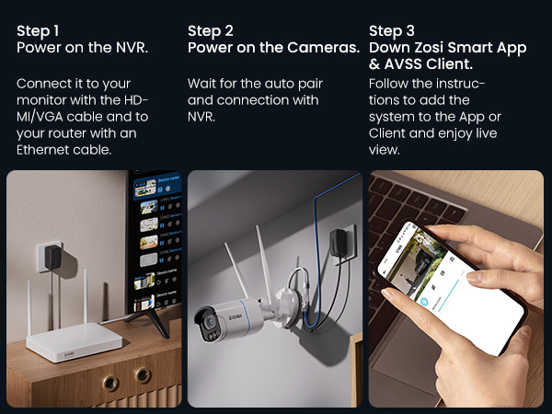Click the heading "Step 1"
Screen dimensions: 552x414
(x=38, y=31)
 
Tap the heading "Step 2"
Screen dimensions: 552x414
(x=211, y=31)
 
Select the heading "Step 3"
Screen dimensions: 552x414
(x=392, y=31)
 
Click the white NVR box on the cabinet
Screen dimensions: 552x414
(x=75, y=341)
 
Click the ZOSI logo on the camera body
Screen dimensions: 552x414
(x=235, y=317)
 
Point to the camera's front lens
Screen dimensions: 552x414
(x=211, y=322)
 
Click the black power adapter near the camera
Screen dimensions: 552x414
(x=338, y=243)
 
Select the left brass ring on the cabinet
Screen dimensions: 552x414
(x=111, y=384)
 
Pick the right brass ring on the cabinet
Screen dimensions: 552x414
(x=144, y=375)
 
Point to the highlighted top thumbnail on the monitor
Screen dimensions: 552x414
(x=145, y=188)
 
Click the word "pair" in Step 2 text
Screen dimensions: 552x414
(x=311, y=84)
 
